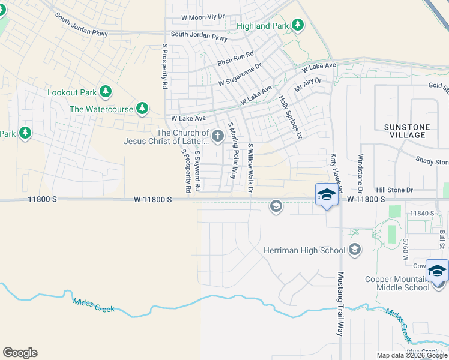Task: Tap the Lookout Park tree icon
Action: tap(106, 92)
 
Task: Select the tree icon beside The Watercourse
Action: tap(142, 109)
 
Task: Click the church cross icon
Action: tap(217, 137)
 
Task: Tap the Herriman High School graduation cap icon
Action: tap(355, 250)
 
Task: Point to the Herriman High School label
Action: tap(304, 250)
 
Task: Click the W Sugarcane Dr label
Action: tap(240, 75)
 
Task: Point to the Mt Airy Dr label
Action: tap(308, 84)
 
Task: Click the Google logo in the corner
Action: tap(20, 353)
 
